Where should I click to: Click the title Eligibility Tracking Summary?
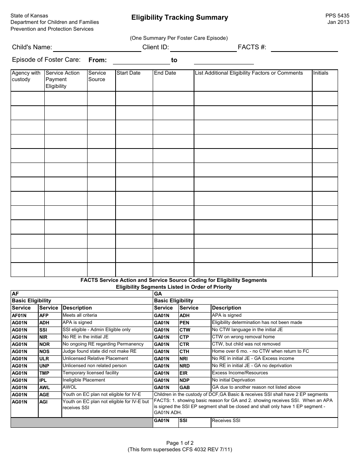(180, 17)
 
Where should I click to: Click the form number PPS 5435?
(337, 16)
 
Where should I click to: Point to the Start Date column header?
(128, 73)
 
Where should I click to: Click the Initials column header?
(321, 73)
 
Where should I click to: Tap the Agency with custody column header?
(26, 76)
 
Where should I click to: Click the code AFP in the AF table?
(44, 316)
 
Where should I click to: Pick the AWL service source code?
(44, 388)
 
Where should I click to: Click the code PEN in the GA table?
(185, 323)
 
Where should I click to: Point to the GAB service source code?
(185, 388)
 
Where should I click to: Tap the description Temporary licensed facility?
(91, 373)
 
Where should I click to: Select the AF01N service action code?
(19, 316)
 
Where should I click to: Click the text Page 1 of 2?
(180, 443)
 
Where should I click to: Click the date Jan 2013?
(338, 22)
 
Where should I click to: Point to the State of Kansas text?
(29, 16)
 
